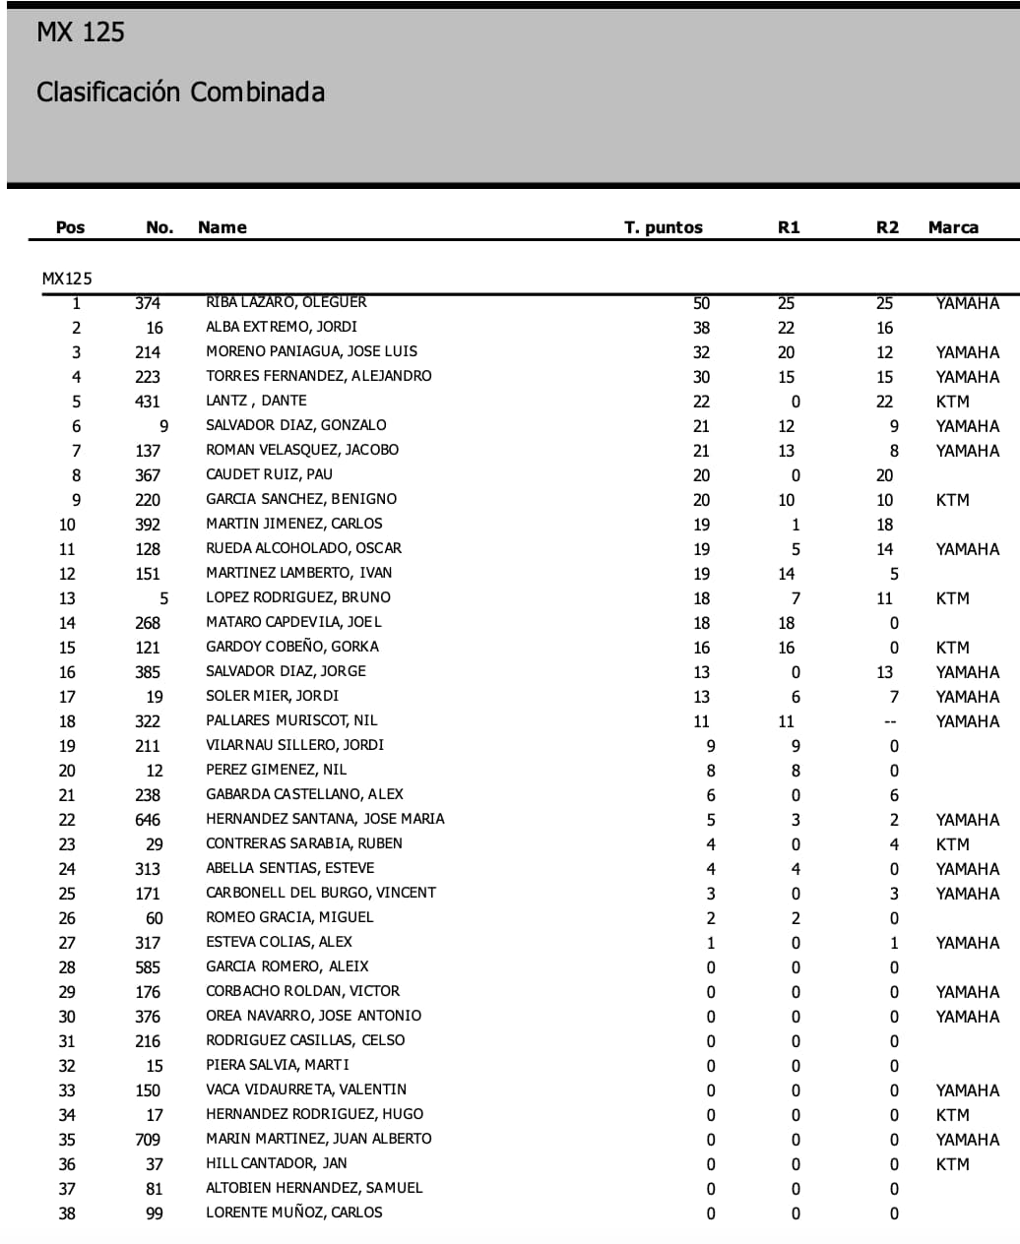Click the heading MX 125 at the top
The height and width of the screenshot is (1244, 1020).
point(81,32)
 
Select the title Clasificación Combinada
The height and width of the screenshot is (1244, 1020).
point(180,93)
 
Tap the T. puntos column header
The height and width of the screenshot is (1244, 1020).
point(663,227)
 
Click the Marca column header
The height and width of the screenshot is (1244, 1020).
point(952,227)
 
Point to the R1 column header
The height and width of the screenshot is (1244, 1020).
point(788,227)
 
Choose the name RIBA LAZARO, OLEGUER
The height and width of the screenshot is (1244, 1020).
point(286,302)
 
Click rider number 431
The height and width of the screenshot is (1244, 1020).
point(148,402)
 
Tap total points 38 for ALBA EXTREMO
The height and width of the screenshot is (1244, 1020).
point(701,328)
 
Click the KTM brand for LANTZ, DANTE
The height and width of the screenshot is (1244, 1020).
point(952,402)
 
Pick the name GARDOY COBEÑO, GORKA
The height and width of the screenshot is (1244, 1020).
point(291,647)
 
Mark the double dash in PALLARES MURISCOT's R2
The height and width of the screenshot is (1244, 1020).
point(890,721)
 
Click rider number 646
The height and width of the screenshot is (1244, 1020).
point(148,820)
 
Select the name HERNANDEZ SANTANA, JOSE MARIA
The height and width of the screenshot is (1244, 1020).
point(325,819)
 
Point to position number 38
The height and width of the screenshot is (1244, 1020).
point(67,1213)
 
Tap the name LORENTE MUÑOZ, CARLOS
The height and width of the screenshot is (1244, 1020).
point(293,1213)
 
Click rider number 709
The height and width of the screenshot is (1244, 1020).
point(148,1140)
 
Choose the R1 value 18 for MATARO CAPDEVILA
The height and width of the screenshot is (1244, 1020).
point(786,623)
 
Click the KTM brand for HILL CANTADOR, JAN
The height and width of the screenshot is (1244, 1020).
point(952,1164)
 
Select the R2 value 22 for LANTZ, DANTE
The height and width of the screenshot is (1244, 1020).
point(884,402)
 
